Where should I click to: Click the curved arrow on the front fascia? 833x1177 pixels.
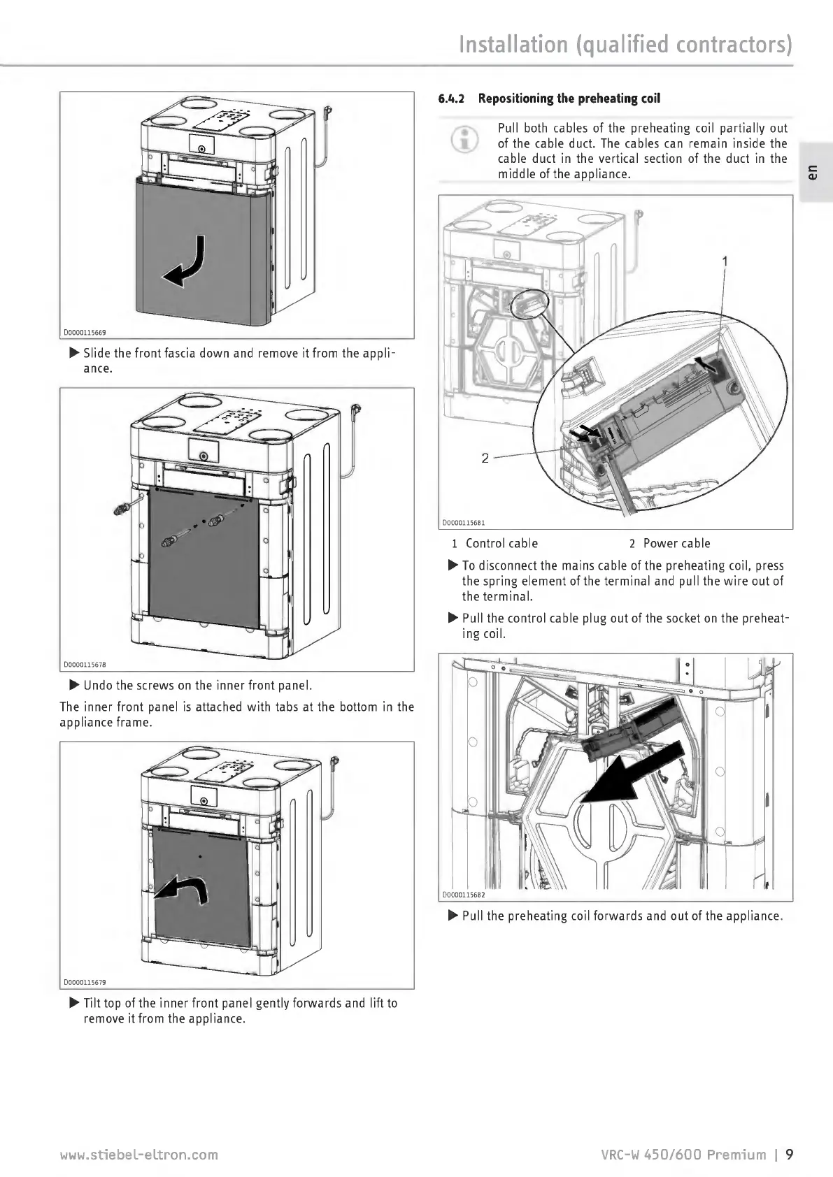(186, 263)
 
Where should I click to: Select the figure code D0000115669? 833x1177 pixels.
(85, 333)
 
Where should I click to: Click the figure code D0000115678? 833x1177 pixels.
(85, 664)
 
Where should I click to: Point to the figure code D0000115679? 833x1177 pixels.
(85, 981)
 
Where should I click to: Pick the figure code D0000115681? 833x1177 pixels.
(464, 522)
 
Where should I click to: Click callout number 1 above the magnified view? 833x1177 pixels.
(725, 261)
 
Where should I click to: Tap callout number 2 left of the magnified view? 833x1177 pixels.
(485, 458)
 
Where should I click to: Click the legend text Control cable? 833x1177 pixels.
(501, 544)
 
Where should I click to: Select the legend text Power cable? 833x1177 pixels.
(676, 544)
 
